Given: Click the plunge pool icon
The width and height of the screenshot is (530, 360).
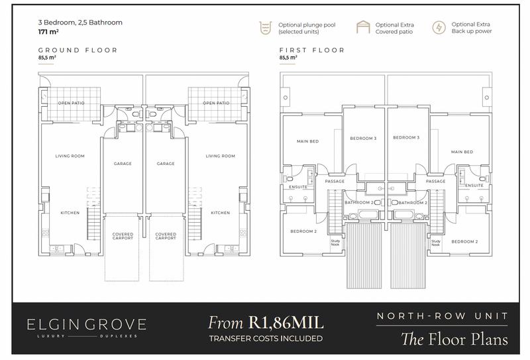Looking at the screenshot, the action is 266,28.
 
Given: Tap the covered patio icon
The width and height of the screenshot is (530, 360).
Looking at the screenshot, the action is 363,27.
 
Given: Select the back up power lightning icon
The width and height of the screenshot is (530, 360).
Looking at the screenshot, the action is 439,27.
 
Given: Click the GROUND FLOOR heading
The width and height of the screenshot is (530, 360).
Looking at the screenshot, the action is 78,50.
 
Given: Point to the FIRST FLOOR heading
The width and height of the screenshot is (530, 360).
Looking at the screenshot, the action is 311,50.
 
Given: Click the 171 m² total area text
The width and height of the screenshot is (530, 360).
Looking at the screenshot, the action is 48,32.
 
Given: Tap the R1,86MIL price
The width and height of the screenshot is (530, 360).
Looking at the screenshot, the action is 286,322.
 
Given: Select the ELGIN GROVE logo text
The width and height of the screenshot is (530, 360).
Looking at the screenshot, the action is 87,325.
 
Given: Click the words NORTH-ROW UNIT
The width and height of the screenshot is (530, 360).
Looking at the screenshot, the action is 442,316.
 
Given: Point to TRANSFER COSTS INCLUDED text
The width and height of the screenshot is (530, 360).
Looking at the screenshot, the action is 266,338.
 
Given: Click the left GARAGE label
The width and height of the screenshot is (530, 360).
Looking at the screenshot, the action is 123,163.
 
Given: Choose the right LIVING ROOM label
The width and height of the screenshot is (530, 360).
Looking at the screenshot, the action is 221,156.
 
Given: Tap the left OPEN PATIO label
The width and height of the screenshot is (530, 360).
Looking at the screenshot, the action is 72,103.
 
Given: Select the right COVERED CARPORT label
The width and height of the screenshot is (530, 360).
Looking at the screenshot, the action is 166,236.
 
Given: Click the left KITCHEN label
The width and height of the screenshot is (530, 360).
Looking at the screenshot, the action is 70,213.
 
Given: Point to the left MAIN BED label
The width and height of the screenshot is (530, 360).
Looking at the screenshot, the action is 307,141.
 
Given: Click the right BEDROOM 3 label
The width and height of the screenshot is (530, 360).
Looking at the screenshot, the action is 406,137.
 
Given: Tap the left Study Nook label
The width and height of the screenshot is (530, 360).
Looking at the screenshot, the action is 335,243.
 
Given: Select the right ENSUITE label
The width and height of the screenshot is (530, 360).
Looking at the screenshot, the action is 474,186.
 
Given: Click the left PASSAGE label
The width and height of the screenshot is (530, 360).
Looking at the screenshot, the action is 335,182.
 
